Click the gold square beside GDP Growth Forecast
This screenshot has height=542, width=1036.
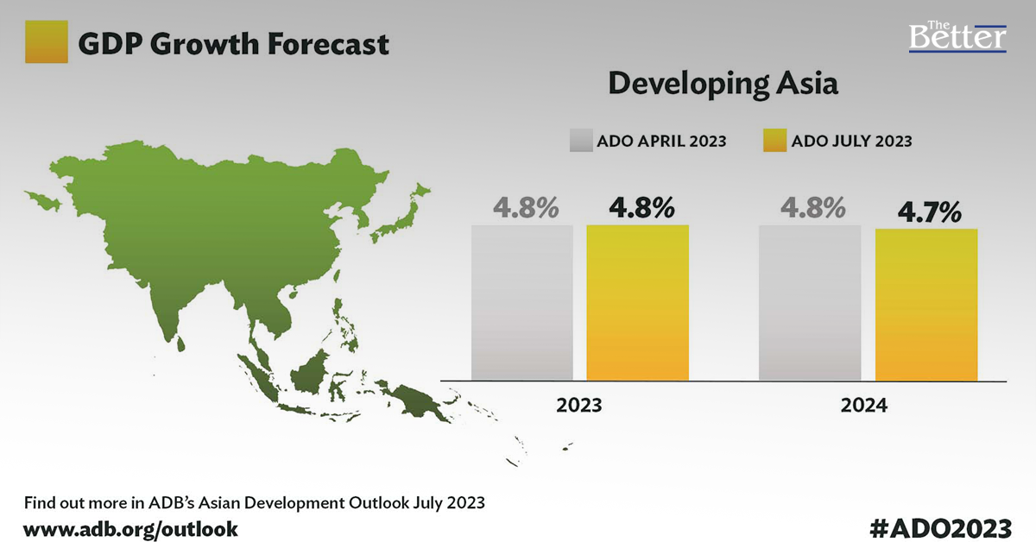point(47,41)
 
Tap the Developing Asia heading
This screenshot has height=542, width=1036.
point(723,85)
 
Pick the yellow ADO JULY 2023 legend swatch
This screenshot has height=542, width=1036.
point(774,141)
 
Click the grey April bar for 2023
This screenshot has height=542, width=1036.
point(521,302)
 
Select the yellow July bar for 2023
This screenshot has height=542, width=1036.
point(637,302)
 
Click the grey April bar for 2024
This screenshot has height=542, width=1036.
point(809,302)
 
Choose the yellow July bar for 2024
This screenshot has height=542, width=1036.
point(926,304)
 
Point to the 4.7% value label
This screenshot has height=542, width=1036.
point(928,212)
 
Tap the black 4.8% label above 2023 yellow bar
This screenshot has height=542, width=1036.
point(641,209)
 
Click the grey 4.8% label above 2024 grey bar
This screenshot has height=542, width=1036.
point(811,209)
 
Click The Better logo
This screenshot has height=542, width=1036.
point(957,35)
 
